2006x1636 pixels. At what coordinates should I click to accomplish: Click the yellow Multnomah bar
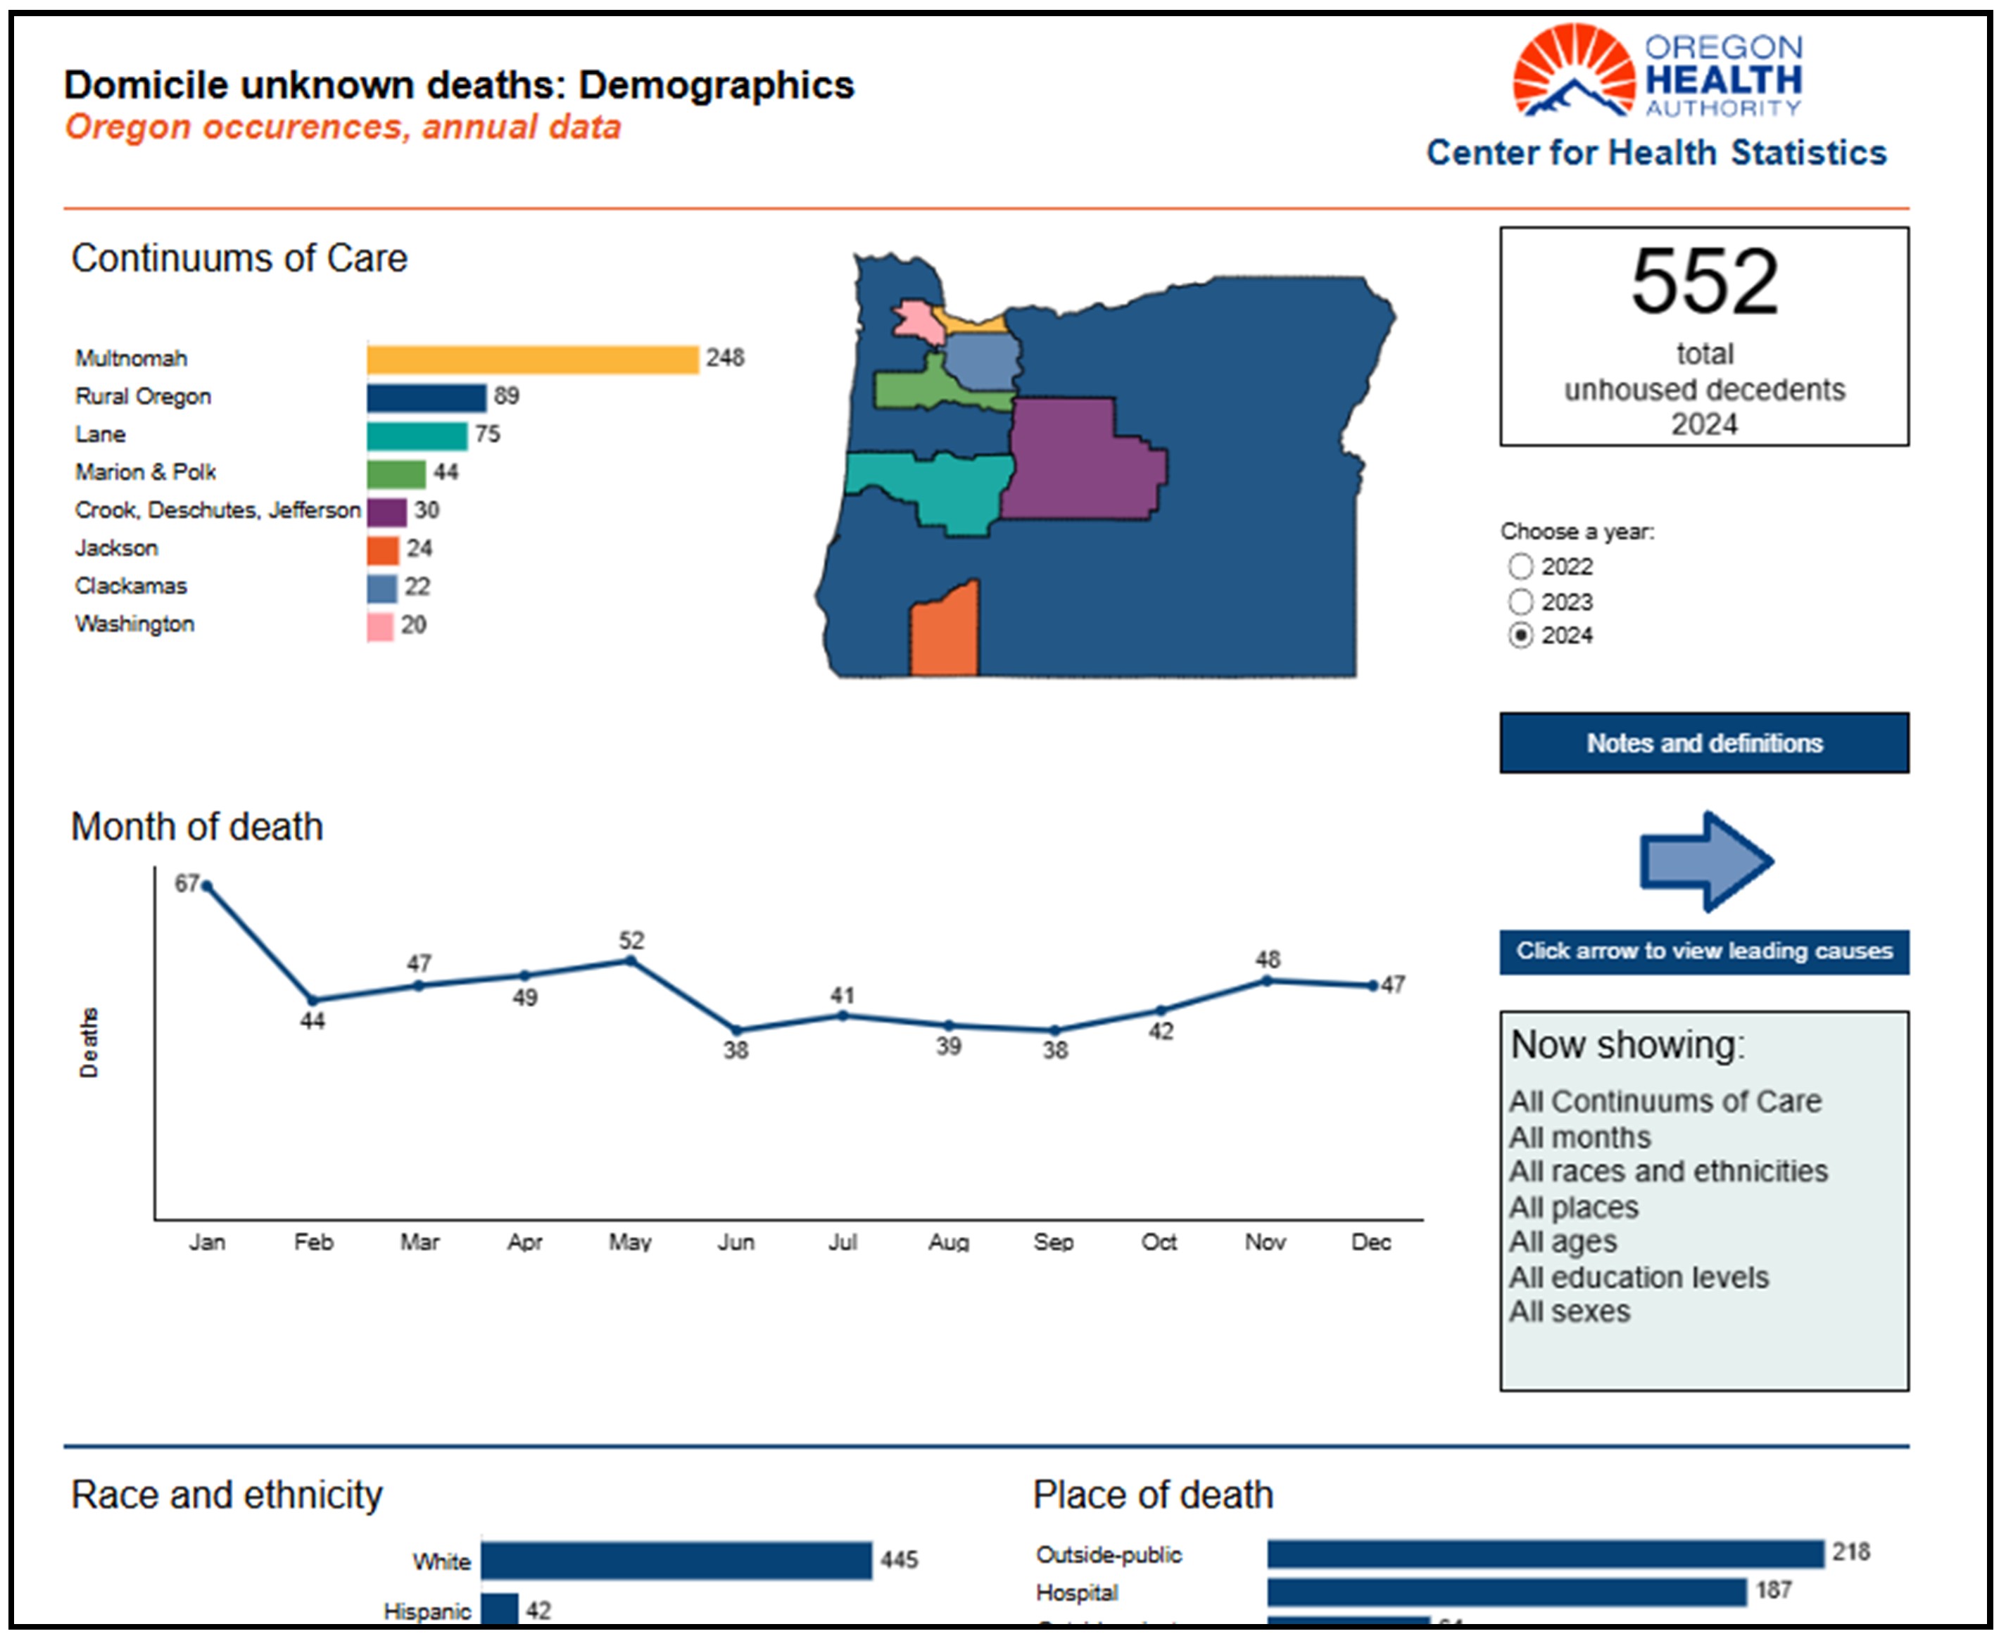coord(533,359)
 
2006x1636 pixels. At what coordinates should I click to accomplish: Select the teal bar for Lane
coord(417,436)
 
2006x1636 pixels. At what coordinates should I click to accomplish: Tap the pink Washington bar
coord(380,626)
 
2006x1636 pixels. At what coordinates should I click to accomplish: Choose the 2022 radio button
coord(1520,566)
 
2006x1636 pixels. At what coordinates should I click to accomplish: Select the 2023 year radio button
coord(1520,601)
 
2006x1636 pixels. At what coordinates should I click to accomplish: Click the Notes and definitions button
coord(1704,742)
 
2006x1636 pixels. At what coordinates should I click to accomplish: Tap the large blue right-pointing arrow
coord(1706,861)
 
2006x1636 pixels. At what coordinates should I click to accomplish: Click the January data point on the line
coord(206,886)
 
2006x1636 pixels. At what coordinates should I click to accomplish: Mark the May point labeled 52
coord(631,961)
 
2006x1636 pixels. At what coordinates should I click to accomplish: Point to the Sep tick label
coord(1054,1242)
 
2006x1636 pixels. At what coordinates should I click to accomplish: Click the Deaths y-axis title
coord(89,1042)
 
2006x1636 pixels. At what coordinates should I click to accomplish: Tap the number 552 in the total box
coord(1704,281)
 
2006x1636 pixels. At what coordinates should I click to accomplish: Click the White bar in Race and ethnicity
coord(676,1561)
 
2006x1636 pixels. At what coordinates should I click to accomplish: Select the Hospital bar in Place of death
coord(1506,1592)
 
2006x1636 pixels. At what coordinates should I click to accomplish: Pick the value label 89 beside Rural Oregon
coord(506,395)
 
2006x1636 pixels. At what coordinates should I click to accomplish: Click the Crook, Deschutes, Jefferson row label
coord(217,510)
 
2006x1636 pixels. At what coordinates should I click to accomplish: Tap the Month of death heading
coord(197,827)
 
